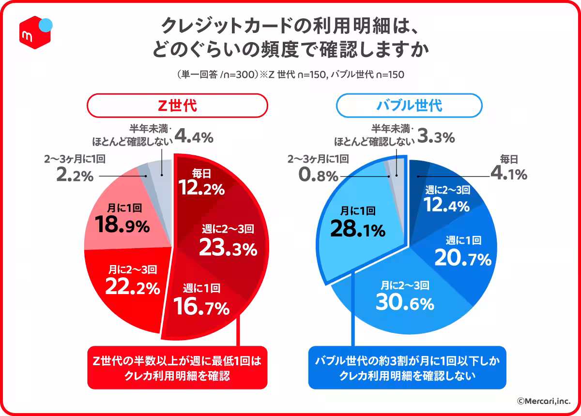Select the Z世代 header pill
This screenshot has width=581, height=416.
177,105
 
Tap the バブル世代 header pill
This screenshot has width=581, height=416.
409,105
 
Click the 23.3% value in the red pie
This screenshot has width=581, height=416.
228,249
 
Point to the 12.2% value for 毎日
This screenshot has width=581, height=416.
201,189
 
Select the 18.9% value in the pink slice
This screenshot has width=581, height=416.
122,225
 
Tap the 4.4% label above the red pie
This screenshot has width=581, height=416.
194,137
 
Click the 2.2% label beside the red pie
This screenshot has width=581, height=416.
75,176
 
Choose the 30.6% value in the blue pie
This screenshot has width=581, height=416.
405,303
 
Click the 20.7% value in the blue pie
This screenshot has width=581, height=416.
462,260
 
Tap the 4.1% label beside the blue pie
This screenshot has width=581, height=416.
508,174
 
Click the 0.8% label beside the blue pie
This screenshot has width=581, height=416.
318,176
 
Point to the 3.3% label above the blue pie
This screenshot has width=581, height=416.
436,137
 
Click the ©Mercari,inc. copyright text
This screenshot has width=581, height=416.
543,401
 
